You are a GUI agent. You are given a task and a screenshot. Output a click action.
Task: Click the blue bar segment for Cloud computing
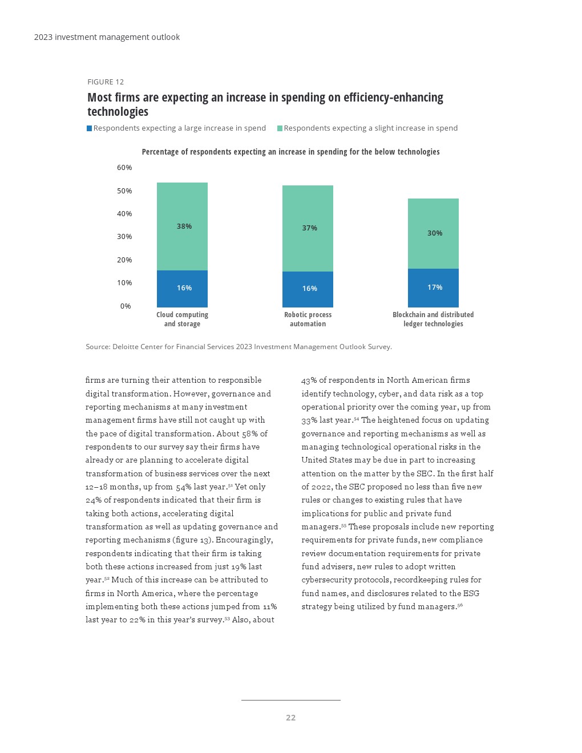pos(182,289)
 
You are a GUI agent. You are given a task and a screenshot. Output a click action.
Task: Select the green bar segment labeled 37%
pos(308,228)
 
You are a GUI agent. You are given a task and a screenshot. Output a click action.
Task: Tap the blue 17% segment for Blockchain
pos(433,288)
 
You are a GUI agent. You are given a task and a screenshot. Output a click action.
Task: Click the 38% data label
pos(184,226)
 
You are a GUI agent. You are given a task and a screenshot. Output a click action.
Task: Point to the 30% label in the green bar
pos(435,233)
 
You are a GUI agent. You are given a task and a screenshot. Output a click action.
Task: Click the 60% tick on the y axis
pos(124,168)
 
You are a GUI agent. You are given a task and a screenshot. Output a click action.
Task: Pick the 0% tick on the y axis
pos(126,306)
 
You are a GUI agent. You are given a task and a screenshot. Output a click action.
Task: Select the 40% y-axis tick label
pos(124,214)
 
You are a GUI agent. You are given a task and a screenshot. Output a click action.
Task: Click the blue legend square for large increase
pos(90,128)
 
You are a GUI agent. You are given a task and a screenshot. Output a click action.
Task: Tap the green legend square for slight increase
pos(280,128)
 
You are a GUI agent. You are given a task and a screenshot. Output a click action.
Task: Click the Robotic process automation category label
pos(308,319)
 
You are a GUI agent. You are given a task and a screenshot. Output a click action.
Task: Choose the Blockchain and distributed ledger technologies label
pos(433,319)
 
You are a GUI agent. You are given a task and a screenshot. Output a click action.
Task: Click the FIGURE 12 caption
pos(106,82)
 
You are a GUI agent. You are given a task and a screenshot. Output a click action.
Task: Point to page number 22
pos(291,718)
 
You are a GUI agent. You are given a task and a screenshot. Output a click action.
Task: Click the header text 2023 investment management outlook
pos(107,37)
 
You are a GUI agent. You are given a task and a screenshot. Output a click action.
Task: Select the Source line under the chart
pos(239,347)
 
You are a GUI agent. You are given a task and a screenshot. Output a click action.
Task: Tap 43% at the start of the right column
pos(309,380)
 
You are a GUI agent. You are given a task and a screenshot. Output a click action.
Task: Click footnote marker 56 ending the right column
pos(460,605)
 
